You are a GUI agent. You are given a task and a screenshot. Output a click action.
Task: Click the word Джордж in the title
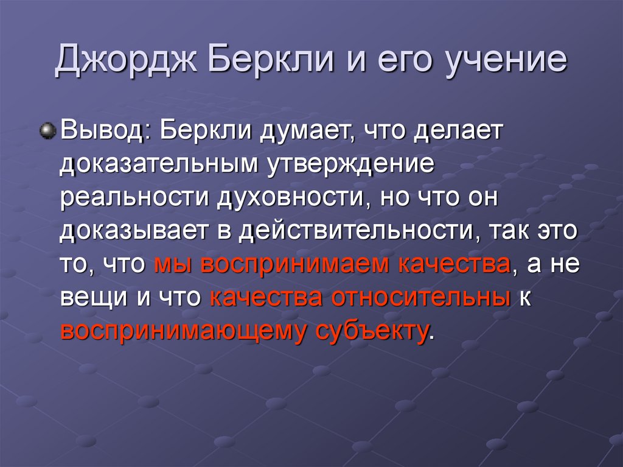pos(125,63)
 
